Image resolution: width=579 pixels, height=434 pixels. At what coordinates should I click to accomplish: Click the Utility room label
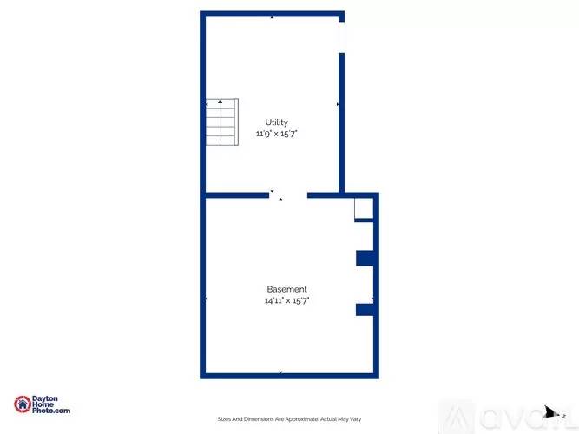[277, 122]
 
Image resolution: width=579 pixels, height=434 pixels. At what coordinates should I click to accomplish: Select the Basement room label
[286, 289]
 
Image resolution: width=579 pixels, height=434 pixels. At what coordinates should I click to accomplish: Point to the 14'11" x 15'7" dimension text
[286, 301]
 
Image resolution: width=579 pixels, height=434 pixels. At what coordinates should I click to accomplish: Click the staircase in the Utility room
[221, 125]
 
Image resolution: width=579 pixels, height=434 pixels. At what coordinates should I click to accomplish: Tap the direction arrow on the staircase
[221, 102]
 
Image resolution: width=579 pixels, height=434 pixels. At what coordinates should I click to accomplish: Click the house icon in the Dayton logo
[23, 404]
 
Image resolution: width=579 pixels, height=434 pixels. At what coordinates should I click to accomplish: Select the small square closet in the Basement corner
[364, 209]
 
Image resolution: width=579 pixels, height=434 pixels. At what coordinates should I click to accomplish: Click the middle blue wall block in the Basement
[365, 258]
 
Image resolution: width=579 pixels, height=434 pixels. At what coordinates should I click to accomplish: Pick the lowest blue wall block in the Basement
[365, 309]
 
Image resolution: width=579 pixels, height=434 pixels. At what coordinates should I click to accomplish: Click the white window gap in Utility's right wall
[341, 36]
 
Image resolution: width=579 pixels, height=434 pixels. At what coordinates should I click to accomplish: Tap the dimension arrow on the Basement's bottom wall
[280, 372]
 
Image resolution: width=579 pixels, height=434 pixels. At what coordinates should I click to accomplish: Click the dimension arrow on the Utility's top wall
[273, 17]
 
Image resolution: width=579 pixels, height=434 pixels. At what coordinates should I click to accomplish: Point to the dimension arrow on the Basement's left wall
[207, 299]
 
